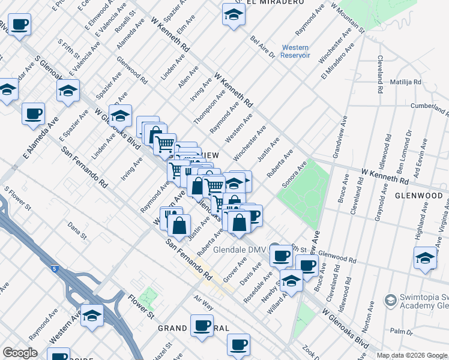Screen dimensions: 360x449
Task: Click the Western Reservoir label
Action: [x=295, y=52]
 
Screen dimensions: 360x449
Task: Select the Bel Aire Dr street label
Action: [x=262, y=47]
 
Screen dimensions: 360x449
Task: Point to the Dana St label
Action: [x=77, y=228]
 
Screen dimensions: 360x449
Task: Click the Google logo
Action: [x=20, y=353]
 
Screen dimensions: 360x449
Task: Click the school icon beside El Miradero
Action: [x=232, y=15]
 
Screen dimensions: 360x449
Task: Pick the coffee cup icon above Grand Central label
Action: [x=202, y=326]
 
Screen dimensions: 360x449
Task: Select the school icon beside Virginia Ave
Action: [x=425, y=259]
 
